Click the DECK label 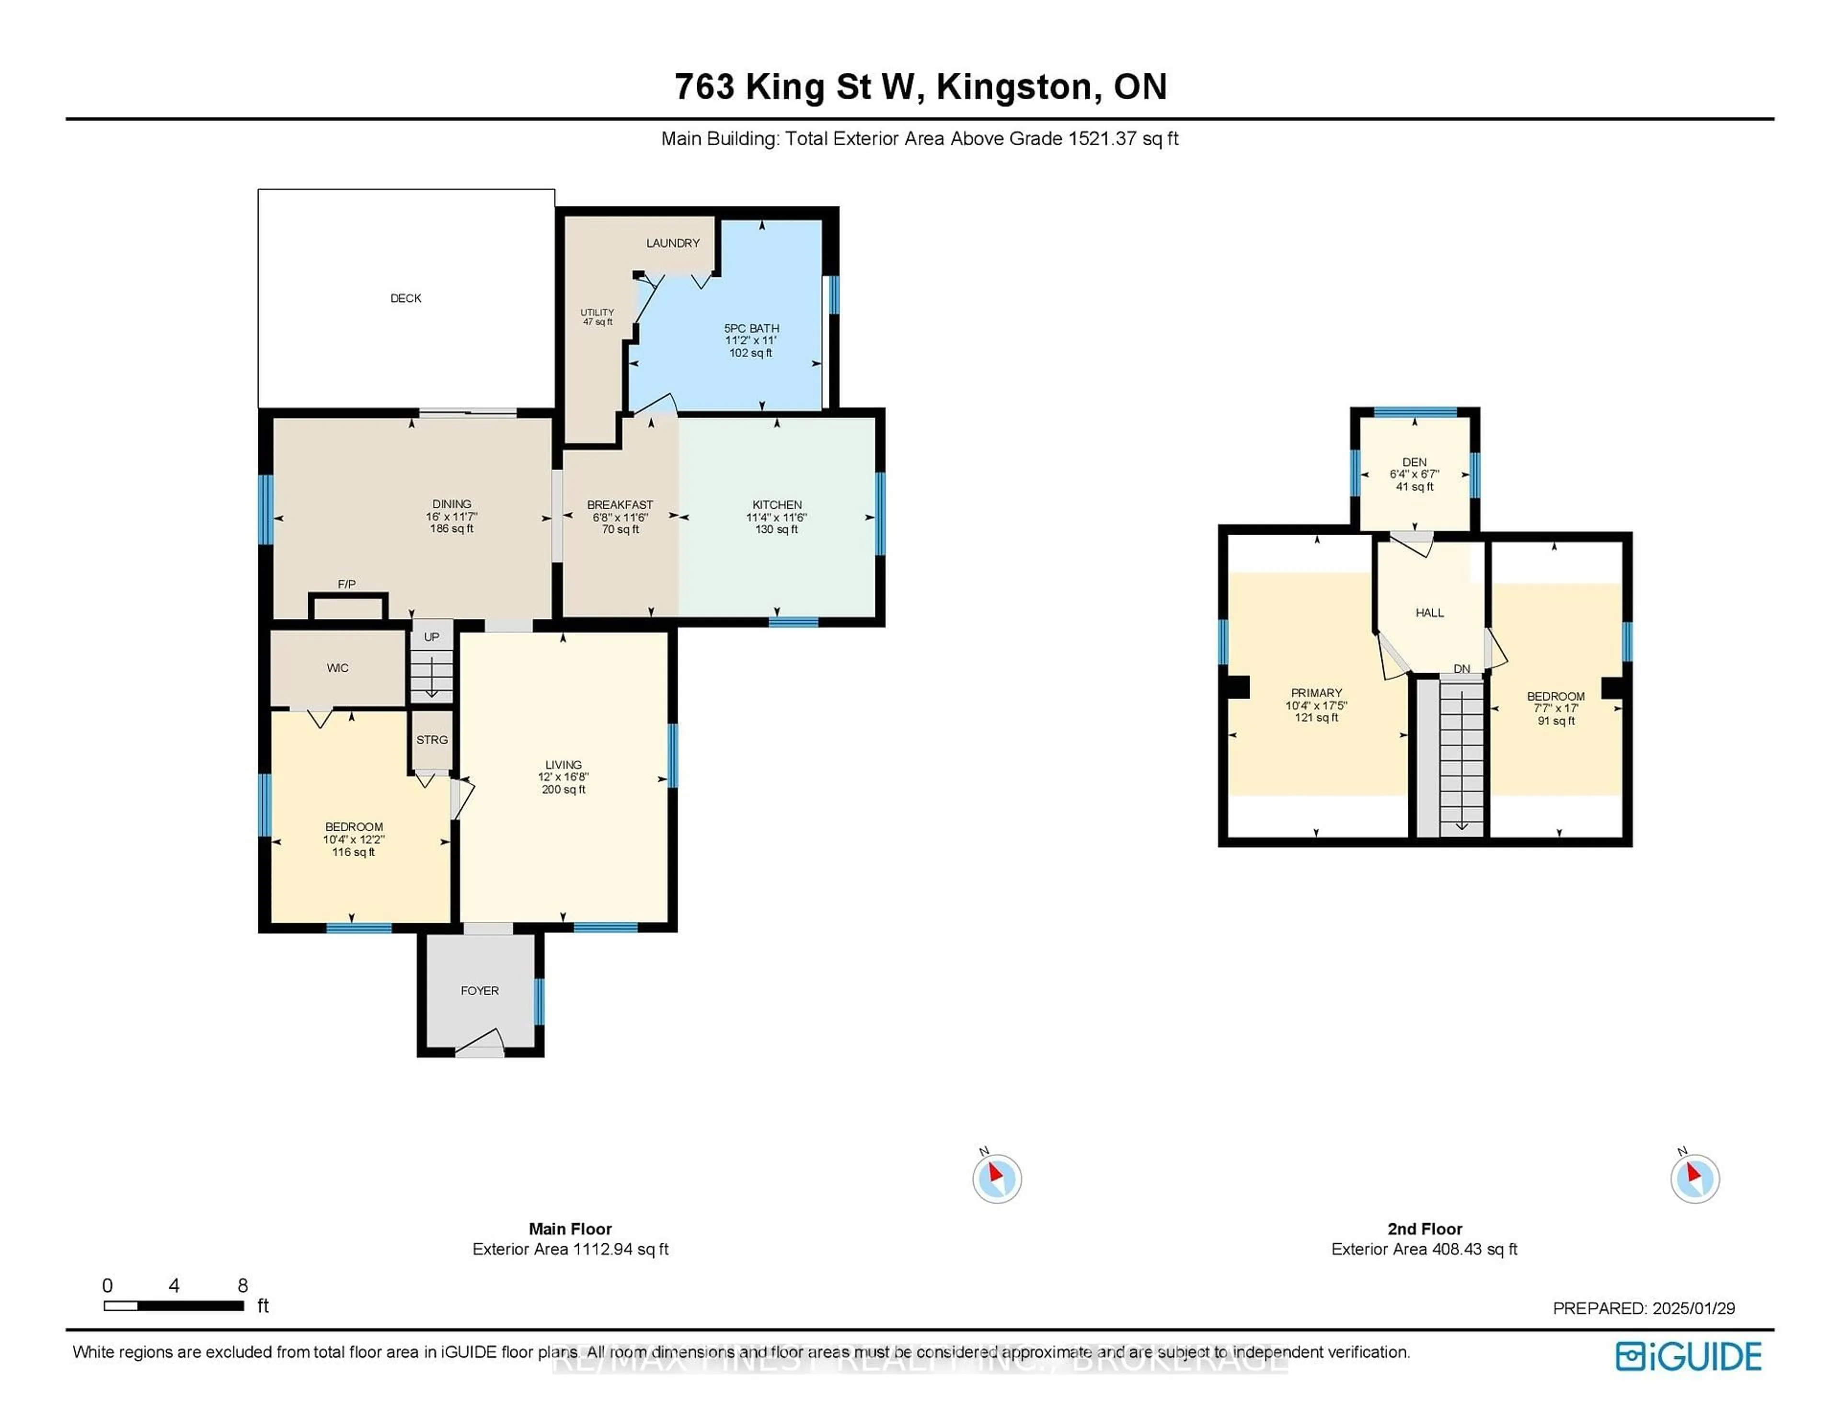pyautogui.click(x=405, y=298)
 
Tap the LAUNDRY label pyautogui.click(x=673, y=242)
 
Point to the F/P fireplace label pyautogui.click(x=347, y=584)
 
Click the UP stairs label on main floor pyautogui.click(x=431, y=637)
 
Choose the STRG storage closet pyautogui.click(x=432, y=740)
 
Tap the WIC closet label pyautogui.click(x=338, y=668)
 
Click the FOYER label pyautogui.click(x=479, y=991)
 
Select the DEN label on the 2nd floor pyautogui.click(x=1414, y=462)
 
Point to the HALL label pyautogui.click(x=1430, y=612)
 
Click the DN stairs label pyautogui.click(x=1462, y=669)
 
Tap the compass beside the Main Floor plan pyautogui.click(x=997, y=1178)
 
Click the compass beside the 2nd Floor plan pyautogui.click(x=1695, y=1178)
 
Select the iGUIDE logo pyautogui.click(x=1689, y=1356)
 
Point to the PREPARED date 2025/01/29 pyautogui.click(x=1693, y=1308)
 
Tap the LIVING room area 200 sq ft pyautogui.click(x=563, y=790)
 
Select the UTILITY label pyautogui.click(x=598, y=312)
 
